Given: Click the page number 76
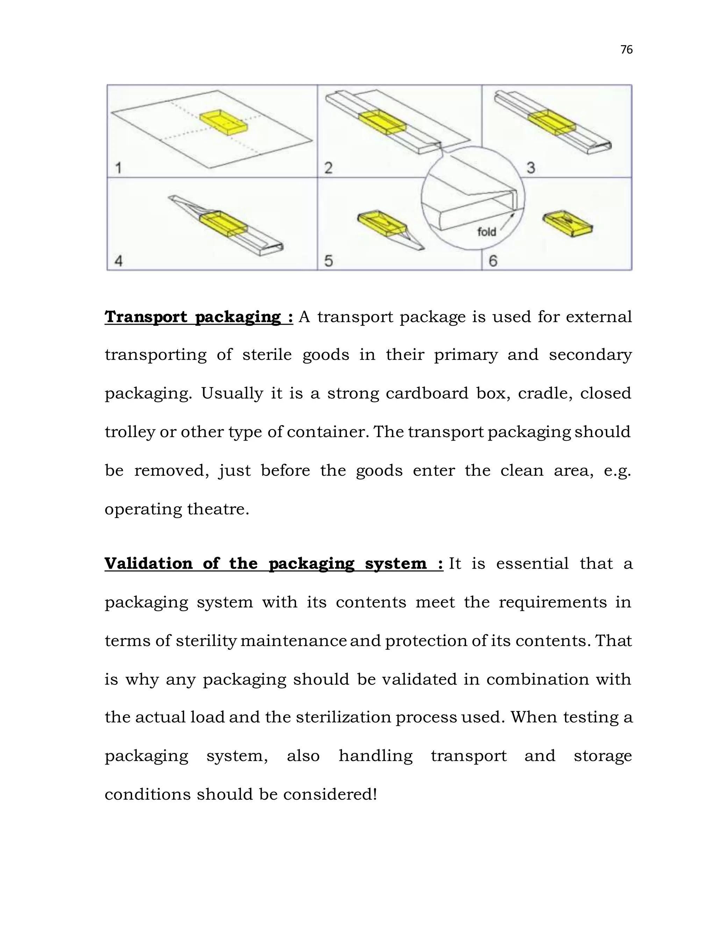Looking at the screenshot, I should point(626,50).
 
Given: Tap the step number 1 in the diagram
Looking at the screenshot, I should point(119,168).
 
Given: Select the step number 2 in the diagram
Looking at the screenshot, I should point(328,168).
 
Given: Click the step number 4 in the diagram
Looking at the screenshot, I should point(119,261).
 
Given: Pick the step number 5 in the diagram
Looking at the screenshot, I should point(328,261).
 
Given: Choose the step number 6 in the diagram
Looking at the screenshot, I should point(493,261).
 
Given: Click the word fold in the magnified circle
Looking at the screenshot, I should point(487,232).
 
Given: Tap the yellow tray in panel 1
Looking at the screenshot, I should point(223,123).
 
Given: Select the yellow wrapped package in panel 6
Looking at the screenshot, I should point(567,223).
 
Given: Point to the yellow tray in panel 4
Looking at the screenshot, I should point(223,223).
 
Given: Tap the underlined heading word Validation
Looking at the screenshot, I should point(149,564).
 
